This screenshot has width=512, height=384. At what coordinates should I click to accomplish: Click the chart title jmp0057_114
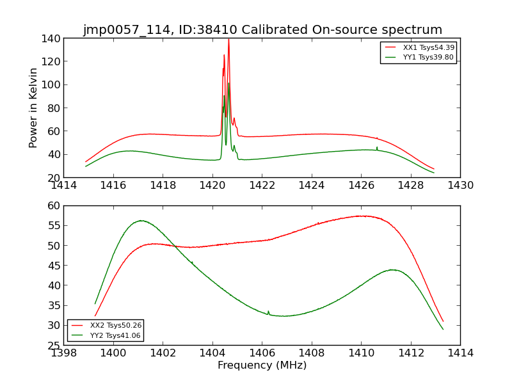coord(262,29)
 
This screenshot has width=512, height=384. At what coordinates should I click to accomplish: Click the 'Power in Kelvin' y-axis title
coord(34,108)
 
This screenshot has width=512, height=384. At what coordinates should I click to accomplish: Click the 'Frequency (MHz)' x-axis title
coord(262,365)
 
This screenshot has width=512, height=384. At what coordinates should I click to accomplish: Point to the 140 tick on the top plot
coord(52,38)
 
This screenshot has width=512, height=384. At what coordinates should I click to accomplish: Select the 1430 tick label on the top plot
coord(460,186)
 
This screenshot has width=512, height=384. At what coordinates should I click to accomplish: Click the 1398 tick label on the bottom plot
coord(63,353)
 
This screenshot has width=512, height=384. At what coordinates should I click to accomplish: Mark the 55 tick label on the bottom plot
coord(53,225)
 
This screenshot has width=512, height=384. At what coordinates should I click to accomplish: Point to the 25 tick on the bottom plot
coord(53,345)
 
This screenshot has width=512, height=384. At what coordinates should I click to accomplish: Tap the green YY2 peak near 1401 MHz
coord(140,221)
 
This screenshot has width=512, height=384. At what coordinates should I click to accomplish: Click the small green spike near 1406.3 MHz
coord(268,312)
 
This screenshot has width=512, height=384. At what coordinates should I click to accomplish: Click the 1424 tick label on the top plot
coord(312,186)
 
